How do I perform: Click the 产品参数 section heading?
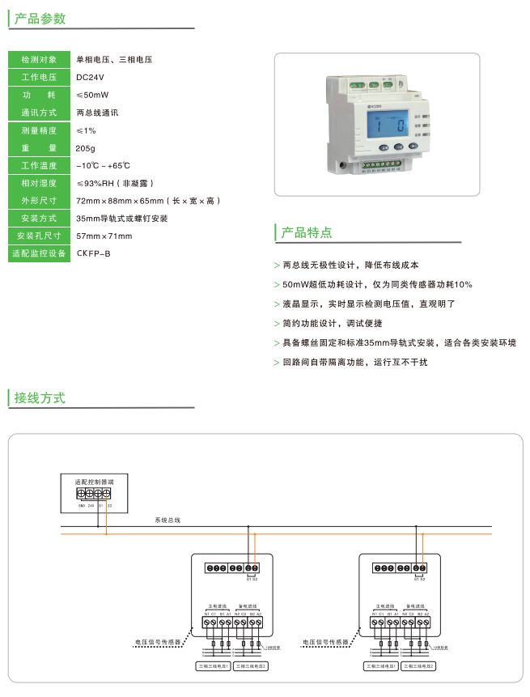coord(40,19)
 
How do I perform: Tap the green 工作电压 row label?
coord(39,77)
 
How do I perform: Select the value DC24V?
coord(90,77)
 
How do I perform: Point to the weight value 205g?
coord(85,148)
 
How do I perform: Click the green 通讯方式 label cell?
coord(39,113)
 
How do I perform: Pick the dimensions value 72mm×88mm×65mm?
coord(146,200)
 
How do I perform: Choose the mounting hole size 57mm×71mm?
coord(104,236)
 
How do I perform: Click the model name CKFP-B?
coord(93,253)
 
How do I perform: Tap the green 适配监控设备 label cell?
coord(39,253)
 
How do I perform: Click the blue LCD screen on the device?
coord(386,125)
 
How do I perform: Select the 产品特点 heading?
coord(306,233)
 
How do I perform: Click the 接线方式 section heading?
coord(40,397)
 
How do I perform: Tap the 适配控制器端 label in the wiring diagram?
coord(94,481)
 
